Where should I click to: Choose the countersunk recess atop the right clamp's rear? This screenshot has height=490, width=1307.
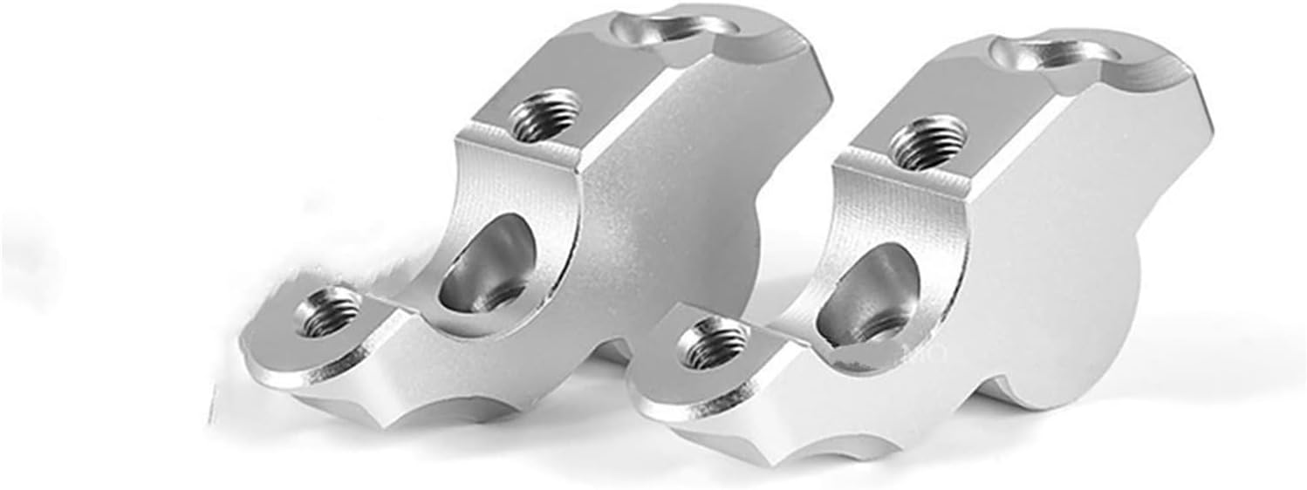[x=1050, y=54]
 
